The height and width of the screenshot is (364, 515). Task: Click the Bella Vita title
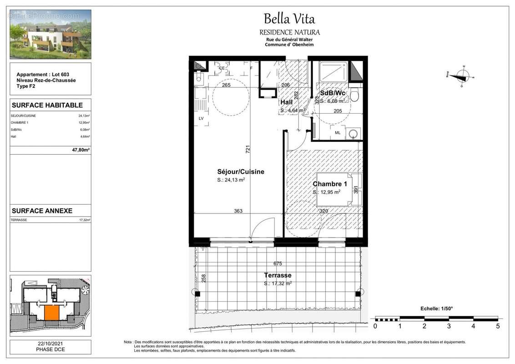[x=289, y=19]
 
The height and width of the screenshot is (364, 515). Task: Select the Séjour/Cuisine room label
[x=240, y=172]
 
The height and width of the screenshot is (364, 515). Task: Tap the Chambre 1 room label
[x=330, y=184]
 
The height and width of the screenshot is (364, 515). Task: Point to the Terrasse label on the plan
[x=278, y=275]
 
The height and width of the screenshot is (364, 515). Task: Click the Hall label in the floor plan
[x=286, y=102]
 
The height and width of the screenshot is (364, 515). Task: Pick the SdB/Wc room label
[x=333, y=93]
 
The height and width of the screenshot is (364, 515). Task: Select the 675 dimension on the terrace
[x=278, y=263]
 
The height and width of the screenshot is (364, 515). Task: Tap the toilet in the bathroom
[x=356, y=95]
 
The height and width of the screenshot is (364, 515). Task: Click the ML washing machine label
[x=338, y=133]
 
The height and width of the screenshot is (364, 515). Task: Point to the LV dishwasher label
[x=201, y=119]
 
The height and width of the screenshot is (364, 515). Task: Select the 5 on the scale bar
[x=498, y=326]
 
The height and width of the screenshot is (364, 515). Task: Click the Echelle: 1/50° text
[x=436, y=308]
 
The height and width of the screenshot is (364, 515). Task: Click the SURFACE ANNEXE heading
[x=42, y=211]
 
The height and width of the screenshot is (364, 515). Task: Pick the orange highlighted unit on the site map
[x=51, y=313]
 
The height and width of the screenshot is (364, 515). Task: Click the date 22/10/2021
[x=50, y=344]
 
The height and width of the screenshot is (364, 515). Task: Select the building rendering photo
[x=50, y=35]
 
